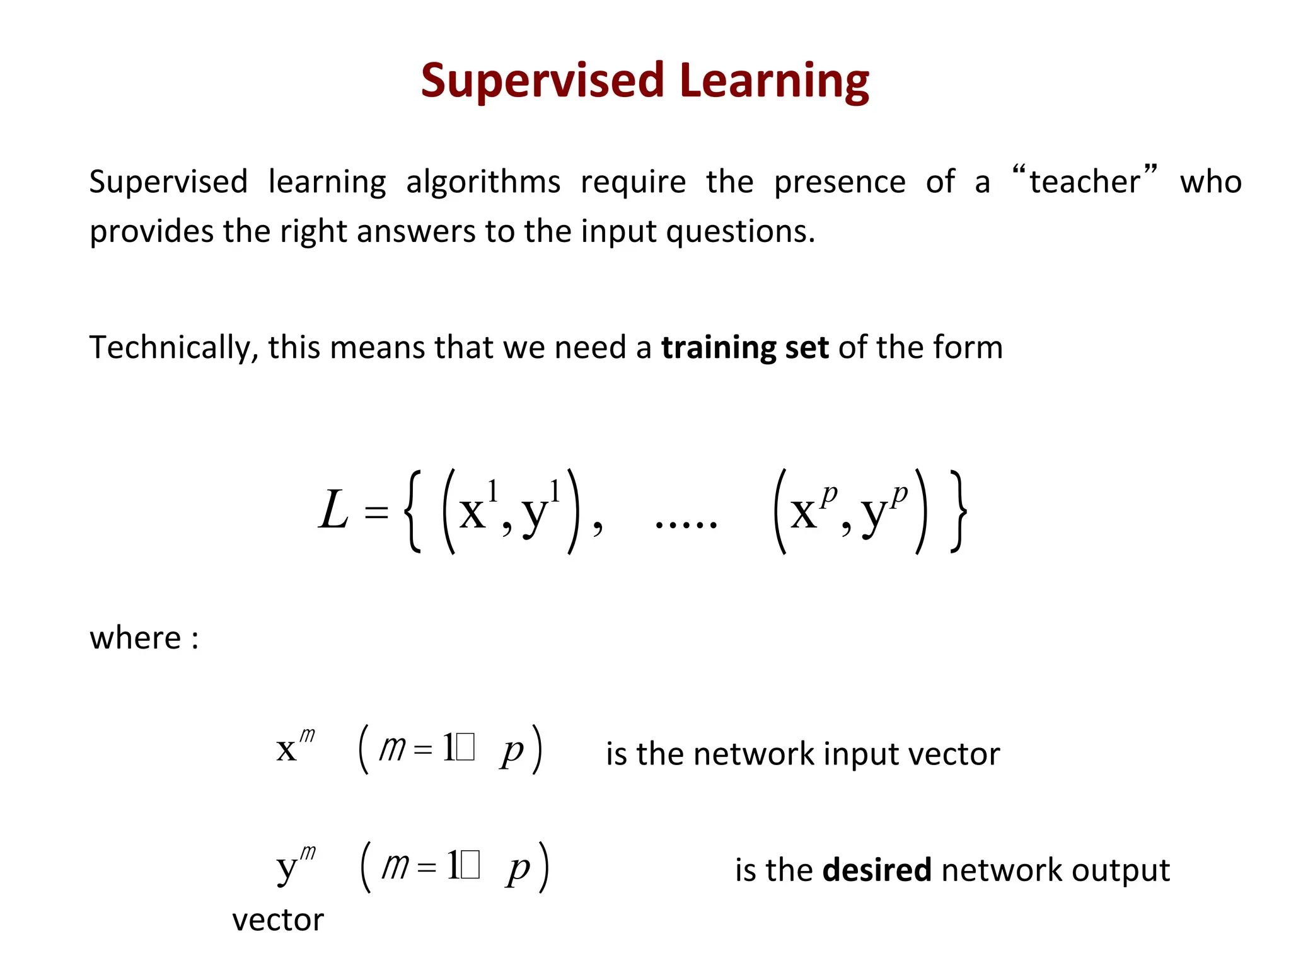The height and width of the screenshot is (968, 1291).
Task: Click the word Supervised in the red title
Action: tap(542, 81)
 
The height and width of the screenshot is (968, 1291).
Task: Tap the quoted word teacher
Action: tap(1084, 181)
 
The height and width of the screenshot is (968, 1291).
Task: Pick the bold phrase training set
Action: tap(744, 348)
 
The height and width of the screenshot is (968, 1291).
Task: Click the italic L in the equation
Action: tap(333, 510)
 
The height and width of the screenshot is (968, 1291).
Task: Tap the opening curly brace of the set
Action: tap(412, 512)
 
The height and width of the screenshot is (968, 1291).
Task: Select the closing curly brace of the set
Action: tap(958, 512)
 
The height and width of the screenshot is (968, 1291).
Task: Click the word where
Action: tap(136, 638)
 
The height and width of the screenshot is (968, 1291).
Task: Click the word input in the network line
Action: tap(856, 754)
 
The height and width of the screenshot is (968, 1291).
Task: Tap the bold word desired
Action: tap(876, 870)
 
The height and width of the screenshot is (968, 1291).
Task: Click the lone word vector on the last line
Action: tap(277, 920)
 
